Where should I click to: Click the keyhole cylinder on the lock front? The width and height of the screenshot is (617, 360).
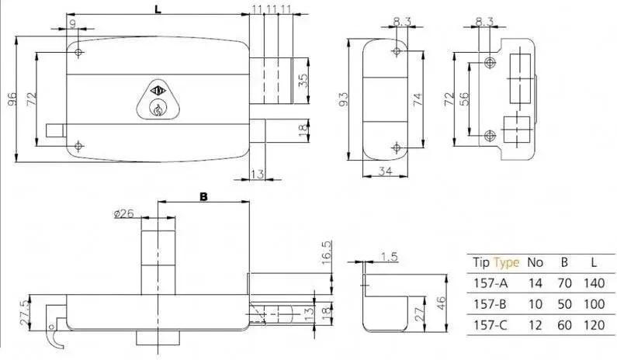158,109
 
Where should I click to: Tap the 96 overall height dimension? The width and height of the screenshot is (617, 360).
12,99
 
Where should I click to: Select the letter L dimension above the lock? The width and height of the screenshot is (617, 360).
158,9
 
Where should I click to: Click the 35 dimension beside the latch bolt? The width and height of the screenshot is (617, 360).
303,80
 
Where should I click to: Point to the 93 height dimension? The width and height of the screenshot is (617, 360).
343,99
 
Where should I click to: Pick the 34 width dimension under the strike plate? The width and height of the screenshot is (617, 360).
385,171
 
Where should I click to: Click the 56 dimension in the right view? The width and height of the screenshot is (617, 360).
463,99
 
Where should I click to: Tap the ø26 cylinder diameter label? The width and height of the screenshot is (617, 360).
124,213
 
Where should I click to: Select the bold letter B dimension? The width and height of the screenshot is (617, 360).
203,196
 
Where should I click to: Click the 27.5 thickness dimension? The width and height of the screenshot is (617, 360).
24,313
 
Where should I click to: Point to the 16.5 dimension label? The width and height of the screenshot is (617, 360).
327,252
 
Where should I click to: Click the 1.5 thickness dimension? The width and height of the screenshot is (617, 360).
390,257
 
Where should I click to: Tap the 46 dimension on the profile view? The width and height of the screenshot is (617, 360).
441,303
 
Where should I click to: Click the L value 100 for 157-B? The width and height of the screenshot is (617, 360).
594,304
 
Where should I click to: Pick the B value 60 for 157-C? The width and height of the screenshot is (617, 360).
564,325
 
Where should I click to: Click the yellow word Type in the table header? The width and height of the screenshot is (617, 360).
507,262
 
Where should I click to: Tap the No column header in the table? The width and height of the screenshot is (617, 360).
535,262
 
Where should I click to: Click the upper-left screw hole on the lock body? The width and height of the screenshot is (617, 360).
78,52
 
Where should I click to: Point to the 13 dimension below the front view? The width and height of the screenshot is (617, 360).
257,174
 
